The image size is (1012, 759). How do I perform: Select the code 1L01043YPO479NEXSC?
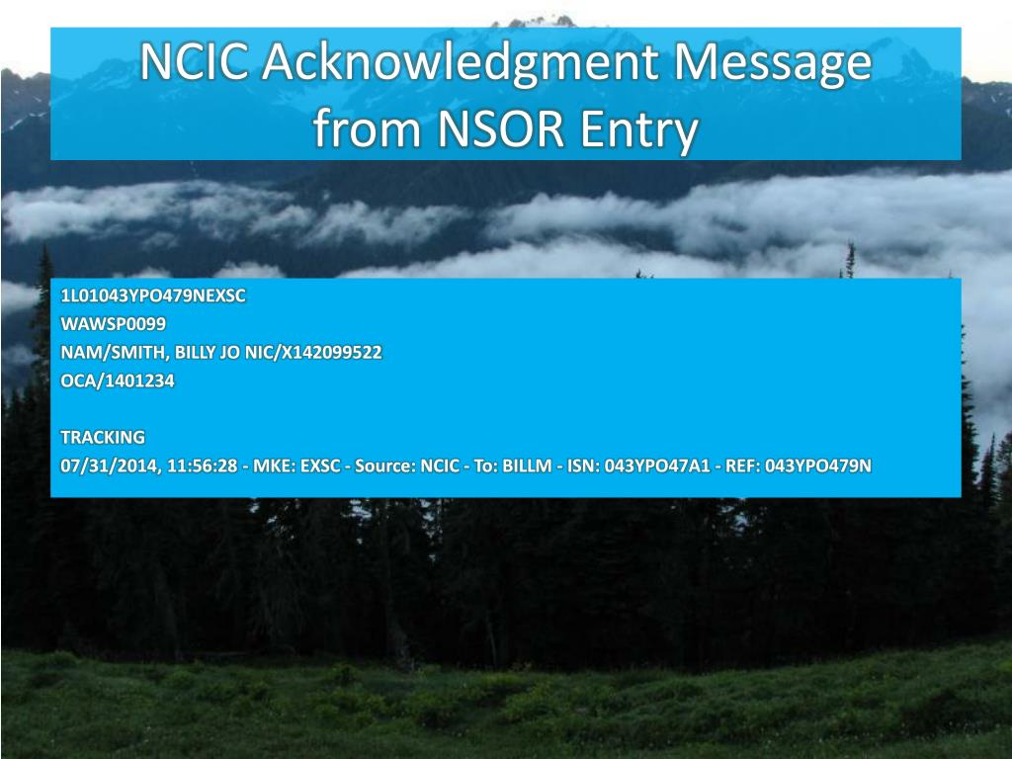pos(153,295)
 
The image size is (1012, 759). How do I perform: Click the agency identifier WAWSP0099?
pos(114,323)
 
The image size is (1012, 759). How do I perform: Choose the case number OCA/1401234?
pos(118,379)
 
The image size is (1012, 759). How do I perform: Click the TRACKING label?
pos(103,436)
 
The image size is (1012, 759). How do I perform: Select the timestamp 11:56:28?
pos(203,465)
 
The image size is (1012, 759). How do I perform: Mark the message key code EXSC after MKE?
pos(316,465)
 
